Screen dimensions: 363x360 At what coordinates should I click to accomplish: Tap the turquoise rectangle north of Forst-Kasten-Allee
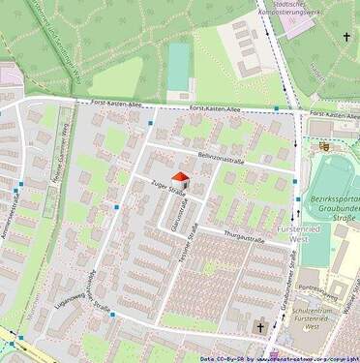click(179, 65)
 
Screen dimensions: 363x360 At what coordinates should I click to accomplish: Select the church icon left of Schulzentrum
click(259, 329)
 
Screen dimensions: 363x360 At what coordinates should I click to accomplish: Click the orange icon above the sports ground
click(324, 146)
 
